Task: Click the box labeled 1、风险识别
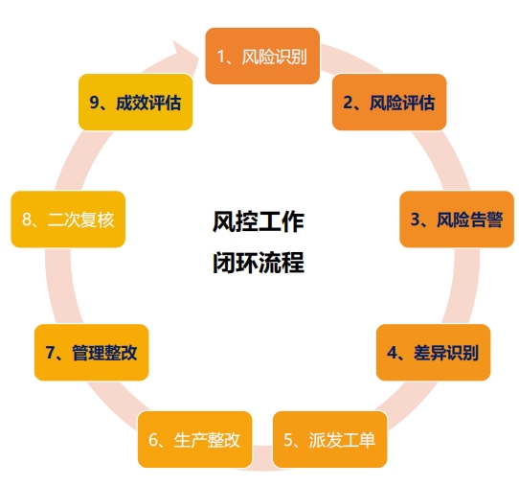pos(262,56)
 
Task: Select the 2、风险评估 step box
pos(389,102)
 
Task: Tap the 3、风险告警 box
pos(457,219)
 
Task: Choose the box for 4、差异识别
pos(433,352)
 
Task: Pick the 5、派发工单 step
pos(330,439)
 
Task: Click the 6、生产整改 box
pos(195,439)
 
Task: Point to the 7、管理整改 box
pos(92,352)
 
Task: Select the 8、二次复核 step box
pos(68,219)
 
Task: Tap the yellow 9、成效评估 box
pos(136,102)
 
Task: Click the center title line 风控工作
pos(259,221)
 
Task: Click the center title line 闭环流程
pos(259,262)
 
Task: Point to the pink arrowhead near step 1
pos(186,53)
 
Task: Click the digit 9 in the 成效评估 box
pos(94,103)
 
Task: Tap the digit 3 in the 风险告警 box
pos(415,220)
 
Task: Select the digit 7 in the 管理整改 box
pos(50,353)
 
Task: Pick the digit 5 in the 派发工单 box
pos(288,440)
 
